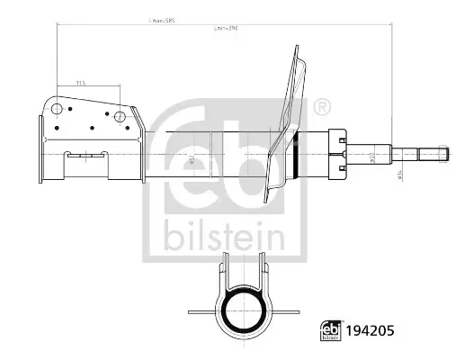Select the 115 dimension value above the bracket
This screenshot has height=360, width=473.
coord(80,84)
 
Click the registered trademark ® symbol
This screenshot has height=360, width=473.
coord(322,109)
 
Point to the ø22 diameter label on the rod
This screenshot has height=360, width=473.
coord(373,158)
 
